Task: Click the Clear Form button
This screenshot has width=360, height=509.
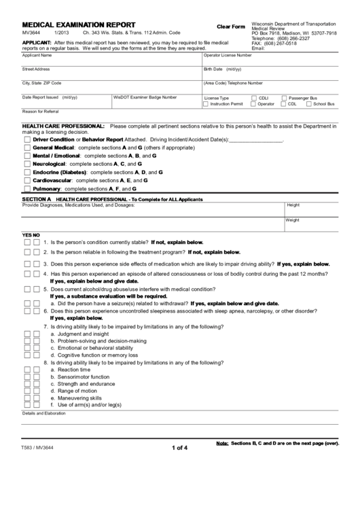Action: click(x=230, y=26)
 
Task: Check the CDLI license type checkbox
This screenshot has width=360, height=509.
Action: click(x=254, y=98)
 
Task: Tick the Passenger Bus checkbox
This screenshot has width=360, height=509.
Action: click(x=284, y=98)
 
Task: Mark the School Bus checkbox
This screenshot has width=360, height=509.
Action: click(x=308, y=104)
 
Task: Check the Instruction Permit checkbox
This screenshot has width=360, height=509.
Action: click(x=206, y=104)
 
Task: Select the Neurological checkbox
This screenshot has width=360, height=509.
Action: click(x=27, y=164)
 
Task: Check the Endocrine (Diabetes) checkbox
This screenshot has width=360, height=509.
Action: click(x=27, y=172)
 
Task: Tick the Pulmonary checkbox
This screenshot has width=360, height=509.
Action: click(x=27, y=188)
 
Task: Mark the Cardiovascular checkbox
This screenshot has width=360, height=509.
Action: click(x=27, y=180)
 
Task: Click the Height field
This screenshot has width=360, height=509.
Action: click(x=312, y=209)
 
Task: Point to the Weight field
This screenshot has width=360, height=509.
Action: click(x=312, y=224)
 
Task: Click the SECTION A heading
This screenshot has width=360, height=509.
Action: click(x=37, y=198)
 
